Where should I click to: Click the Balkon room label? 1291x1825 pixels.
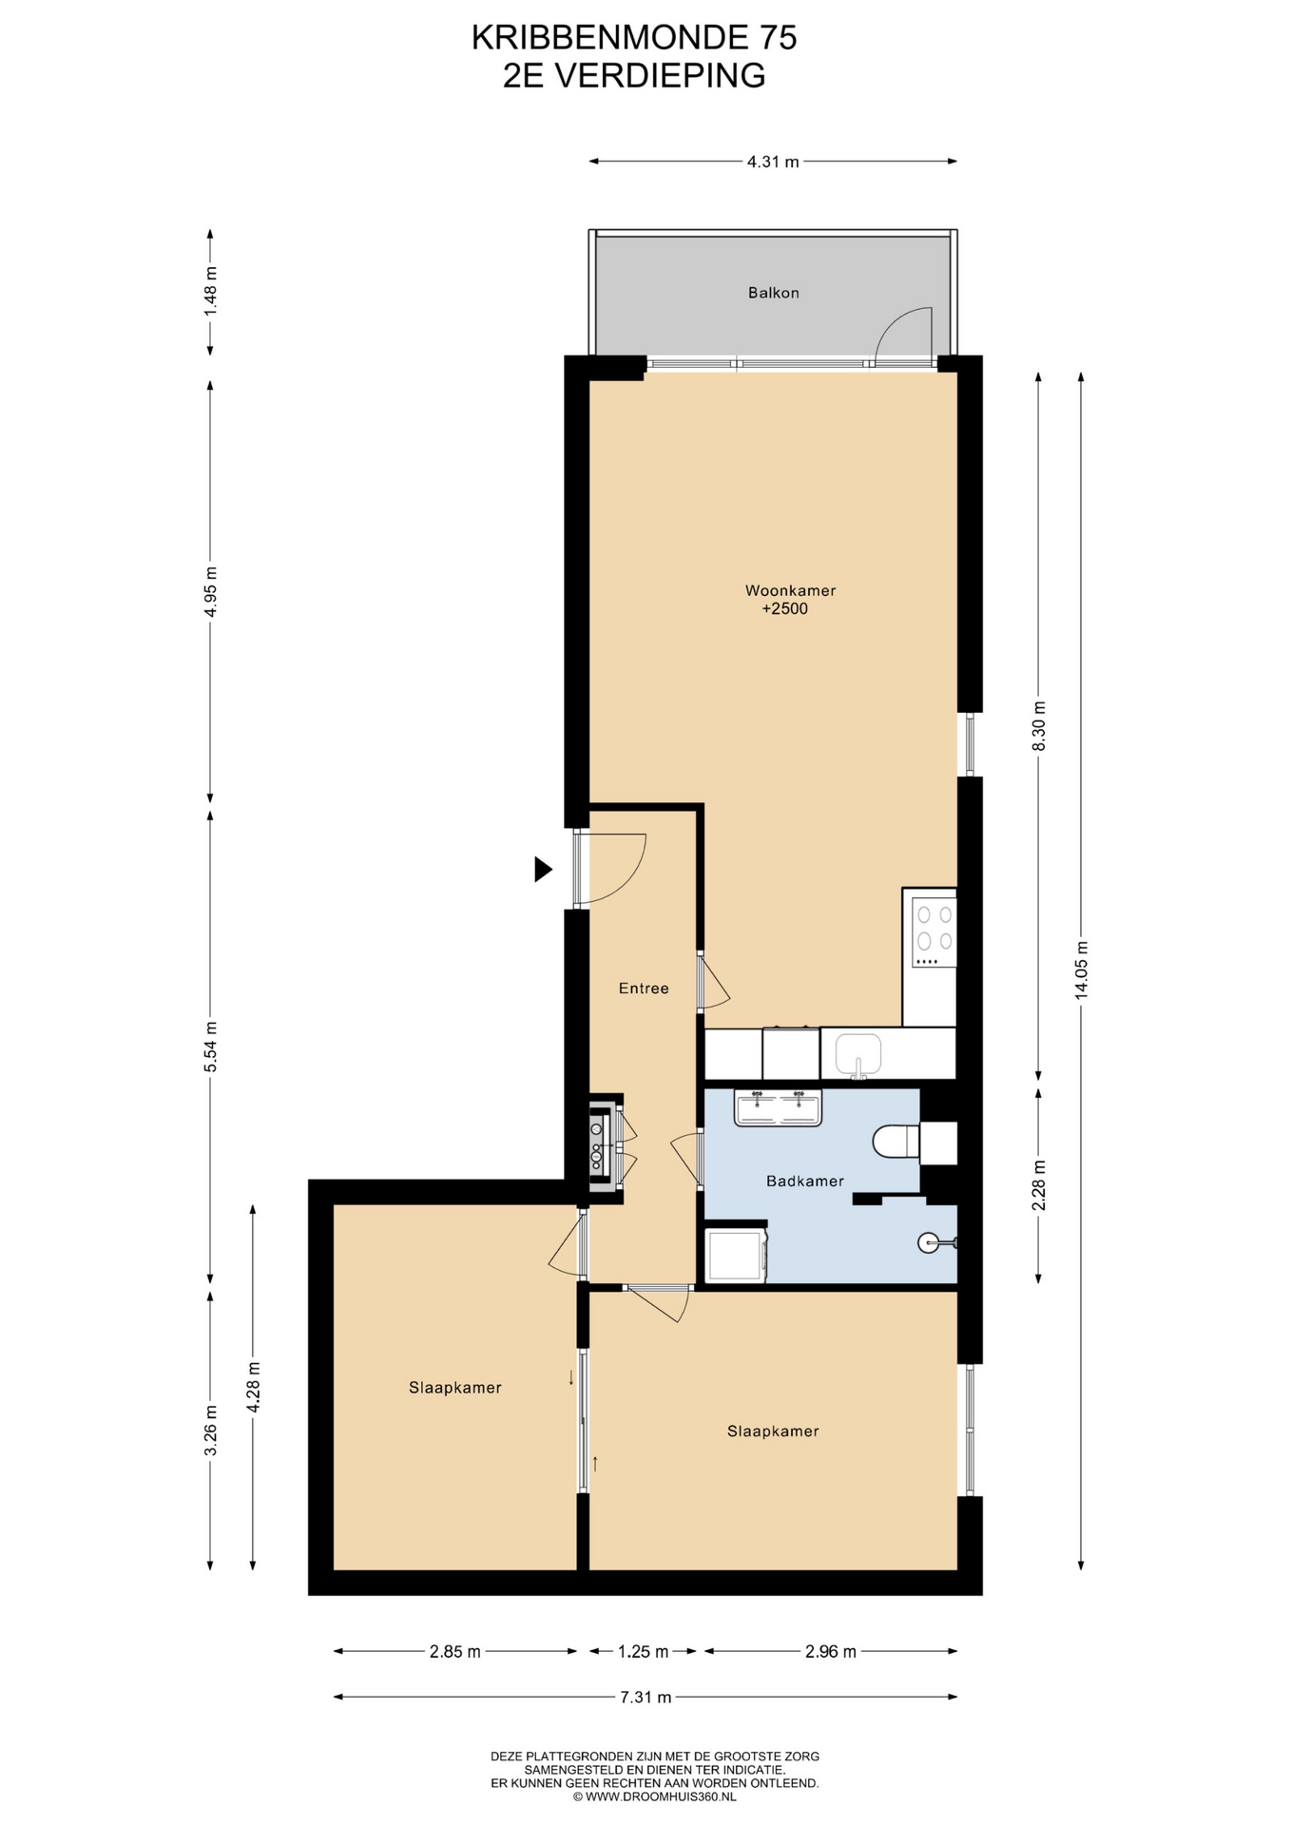773,293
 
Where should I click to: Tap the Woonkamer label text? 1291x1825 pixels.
790,590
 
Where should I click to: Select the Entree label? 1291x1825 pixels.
644,989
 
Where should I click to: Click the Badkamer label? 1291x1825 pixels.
805,1181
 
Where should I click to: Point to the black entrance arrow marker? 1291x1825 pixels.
543,869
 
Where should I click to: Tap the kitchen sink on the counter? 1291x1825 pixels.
858,1055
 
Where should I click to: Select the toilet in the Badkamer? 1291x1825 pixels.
896,1142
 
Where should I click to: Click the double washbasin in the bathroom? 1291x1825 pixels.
778,1108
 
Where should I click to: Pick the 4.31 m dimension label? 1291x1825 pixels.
773,162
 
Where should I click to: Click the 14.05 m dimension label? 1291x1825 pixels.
1081,970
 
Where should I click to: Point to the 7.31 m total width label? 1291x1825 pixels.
645,1697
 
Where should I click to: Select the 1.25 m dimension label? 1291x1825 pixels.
643,1651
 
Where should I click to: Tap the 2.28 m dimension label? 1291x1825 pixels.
1039,1185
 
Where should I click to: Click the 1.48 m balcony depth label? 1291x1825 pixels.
211,292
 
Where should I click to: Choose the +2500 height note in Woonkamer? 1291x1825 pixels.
785,609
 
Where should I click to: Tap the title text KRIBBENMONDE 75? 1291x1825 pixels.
634,37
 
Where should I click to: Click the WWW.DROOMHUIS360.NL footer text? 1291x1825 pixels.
654,1796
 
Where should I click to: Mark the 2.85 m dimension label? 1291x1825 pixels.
454,1651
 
